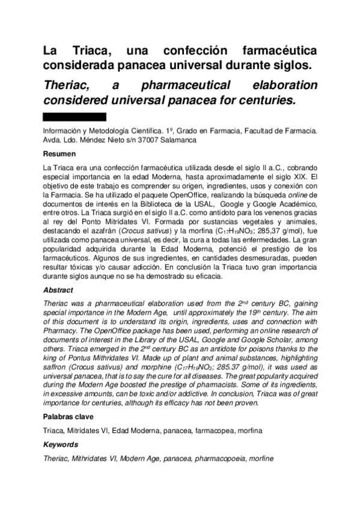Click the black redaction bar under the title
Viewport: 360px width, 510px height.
(x=75, y=117)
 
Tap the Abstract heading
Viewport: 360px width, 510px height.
(x=58, y=289)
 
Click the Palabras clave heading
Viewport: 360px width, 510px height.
(x=68, y=416)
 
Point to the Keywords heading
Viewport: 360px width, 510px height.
(x=61, y=444)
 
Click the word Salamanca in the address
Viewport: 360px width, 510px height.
(x=178, y=140)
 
